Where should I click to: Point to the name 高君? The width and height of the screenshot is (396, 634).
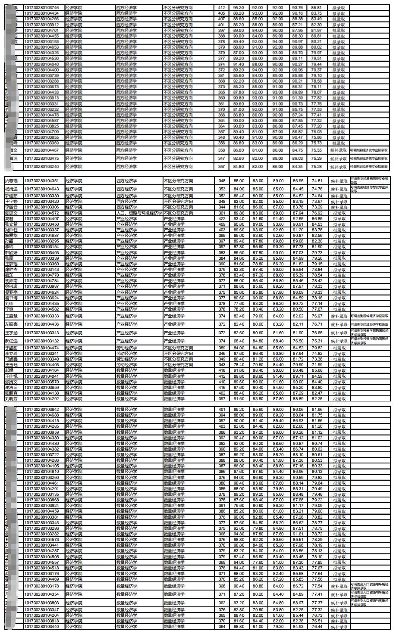pyautogui.click(x=9, y=219)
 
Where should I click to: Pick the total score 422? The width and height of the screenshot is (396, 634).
pyautogui.click(x=222, y=219)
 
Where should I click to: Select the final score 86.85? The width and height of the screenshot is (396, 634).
pyautogui.click(x=317, y=219)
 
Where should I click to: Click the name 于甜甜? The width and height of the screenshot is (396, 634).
pyautogui.click(x=11, y=348)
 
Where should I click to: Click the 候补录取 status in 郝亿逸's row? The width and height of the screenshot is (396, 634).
pyautogui.click(x=339, y=341)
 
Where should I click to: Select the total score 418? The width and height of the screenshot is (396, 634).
pyautogui.click(x=222, y=370)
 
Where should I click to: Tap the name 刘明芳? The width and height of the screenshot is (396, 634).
pyautogui.click(x=11, y=399)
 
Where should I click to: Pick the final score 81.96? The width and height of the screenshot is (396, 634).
pyautogui.click(x=317, y=410)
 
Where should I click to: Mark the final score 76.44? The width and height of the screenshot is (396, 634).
pyautogui.click(x=317, y=627)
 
